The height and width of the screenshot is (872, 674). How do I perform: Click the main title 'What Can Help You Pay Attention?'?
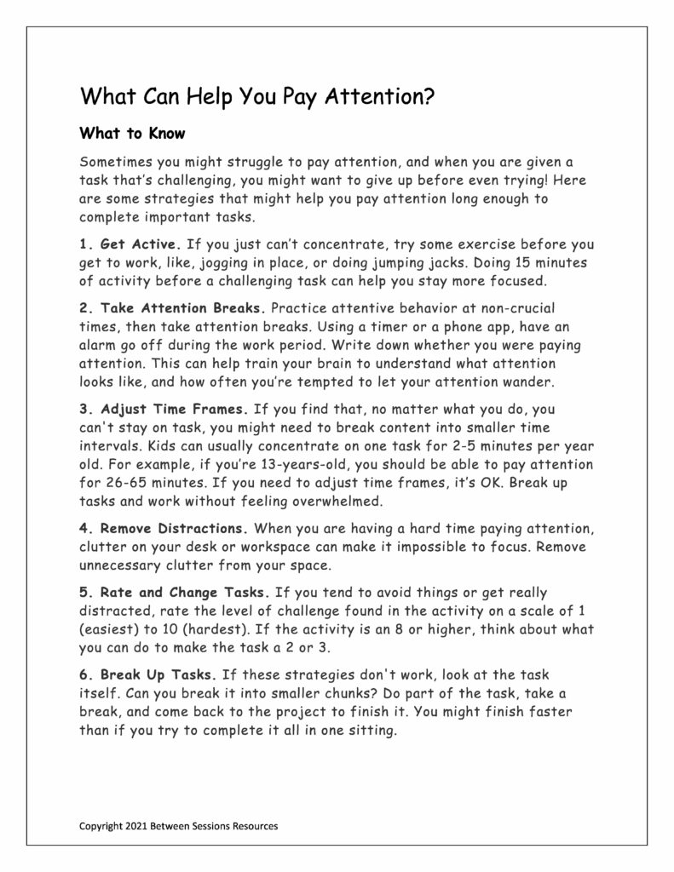(257, 95)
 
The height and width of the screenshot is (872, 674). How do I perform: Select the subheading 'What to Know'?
(132, 134)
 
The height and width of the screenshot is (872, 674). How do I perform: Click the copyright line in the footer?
(178, 825)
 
